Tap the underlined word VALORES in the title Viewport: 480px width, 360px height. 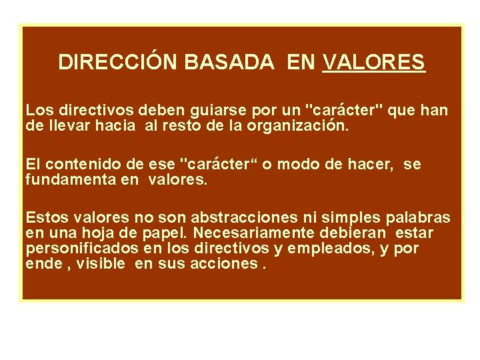coord(373,62)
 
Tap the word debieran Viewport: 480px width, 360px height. coord(363,233)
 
